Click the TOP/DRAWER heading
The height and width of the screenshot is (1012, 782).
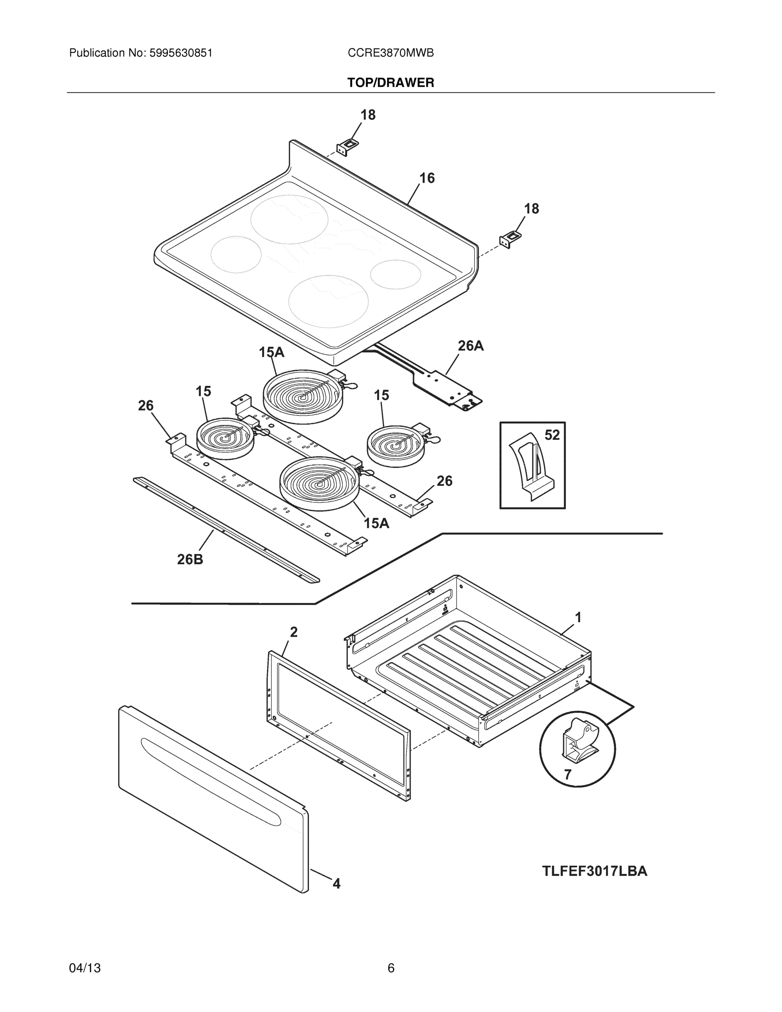390,83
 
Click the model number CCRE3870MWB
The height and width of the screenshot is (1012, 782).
390,53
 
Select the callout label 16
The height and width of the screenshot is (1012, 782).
427,178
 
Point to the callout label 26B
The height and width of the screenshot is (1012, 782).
190,559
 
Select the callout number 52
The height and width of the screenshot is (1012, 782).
552,435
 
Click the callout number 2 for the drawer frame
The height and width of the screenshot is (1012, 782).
293,632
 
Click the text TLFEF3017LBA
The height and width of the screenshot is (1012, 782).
594,871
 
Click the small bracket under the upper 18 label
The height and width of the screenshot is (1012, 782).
347,148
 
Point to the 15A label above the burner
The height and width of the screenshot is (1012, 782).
271,352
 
